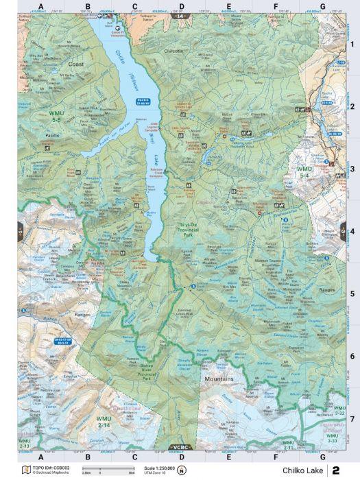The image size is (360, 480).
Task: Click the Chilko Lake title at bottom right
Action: coord(300,470)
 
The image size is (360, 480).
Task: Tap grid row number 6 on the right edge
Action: coord(352,356)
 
